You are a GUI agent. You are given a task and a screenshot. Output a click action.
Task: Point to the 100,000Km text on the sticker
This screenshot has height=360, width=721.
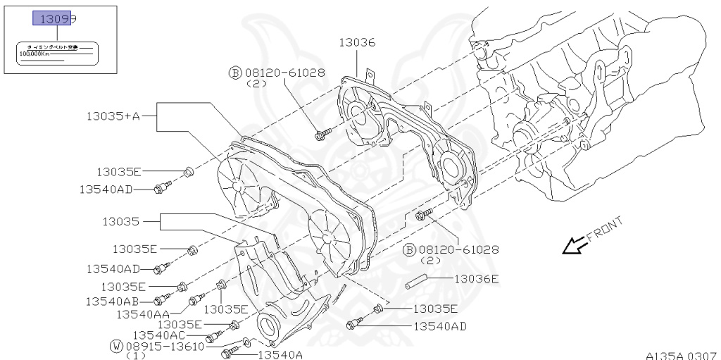click(35, 54)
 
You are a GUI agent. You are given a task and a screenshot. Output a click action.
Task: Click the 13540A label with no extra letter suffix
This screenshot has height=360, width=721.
click(280, 354)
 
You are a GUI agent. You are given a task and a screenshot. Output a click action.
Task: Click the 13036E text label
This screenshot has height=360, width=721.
click(475, 279)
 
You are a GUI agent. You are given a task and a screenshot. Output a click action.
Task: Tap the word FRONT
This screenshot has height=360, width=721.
click(604, 230)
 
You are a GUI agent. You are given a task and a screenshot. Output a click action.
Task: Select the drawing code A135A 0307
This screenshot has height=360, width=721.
click(681, 354)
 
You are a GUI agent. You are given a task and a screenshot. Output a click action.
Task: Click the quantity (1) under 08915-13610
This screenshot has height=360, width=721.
click(135, 356)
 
